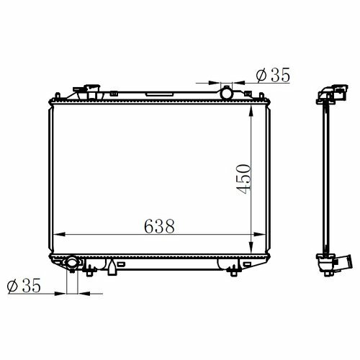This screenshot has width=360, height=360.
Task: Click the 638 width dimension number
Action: click(x=159, y=226)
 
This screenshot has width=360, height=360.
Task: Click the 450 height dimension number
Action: click(x=243, y=179)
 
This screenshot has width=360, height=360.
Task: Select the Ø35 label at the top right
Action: click(x=273, y=75)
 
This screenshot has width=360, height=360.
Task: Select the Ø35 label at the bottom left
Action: click(x=24, y=286)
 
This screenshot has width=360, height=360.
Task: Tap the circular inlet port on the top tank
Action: click(x=226, y=93)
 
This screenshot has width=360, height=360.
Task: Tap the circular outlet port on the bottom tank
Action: click(x=72, y=263)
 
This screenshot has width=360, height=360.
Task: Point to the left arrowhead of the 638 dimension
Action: click(x=59, y=235)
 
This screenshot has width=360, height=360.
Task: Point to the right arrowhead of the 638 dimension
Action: click(x=260, y=235)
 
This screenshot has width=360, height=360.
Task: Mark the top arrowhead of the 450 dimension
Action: click(x=251, y=111)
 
